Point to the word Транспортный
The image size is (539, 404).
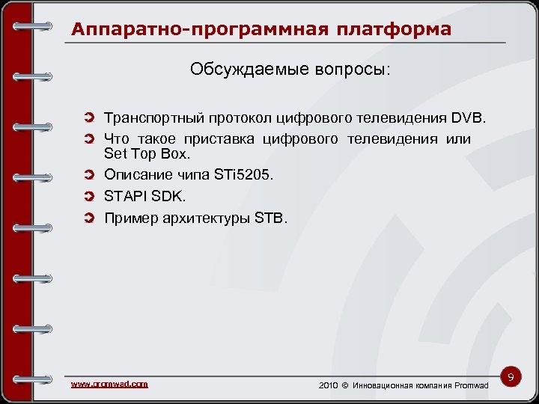point(150,118)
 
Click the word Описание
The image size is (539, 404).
point(137,174)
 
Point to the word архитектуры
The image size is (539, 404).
point(206,218)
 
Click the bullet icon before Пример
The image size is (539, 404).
point(90,218)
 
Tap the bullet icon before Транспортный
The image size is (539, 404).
point(90,118)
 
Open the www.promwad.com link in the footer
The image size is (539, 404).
point(109,384)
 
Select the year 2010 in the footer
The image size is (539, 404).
point(329,385)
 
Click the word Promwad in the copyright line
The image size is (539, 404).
point(471,385)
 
